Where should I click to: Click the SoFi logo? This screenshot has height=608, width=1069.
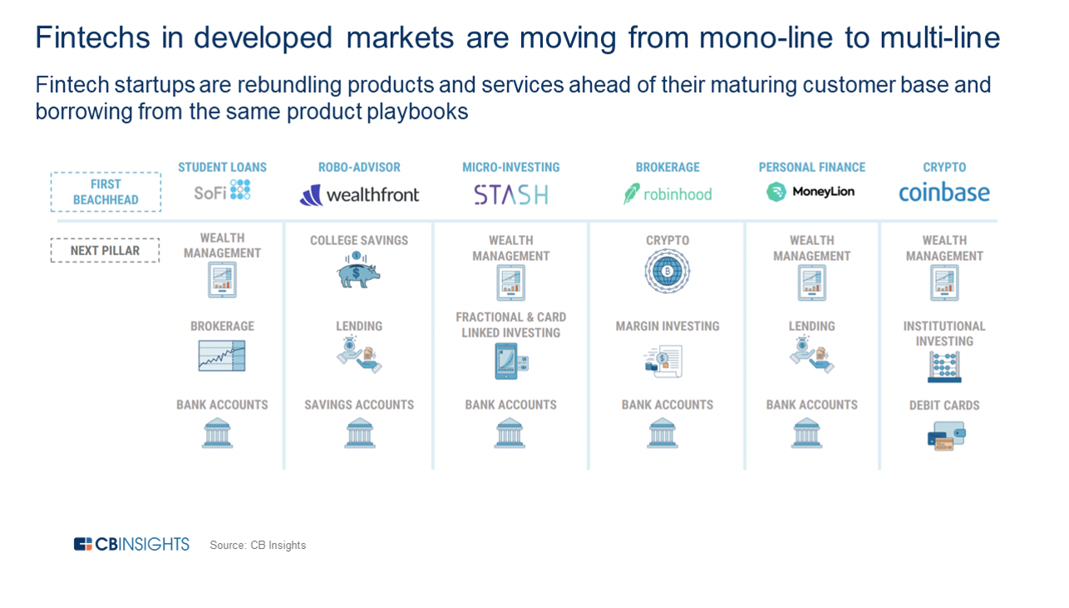[x=222, y=191]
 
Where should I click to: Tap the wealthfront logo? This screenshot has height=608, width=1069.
[x=359, y=194]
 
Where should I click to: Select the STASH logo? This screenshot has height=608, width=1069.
[x=510, y=194]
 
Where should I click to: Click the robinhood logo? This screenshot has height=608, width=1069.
[x=668, y=194]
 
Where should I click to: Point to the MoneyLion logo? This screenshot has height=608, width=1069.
[x=810, y=192]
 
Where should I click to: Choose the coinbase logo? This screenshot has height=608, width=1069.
[x=944, y=192]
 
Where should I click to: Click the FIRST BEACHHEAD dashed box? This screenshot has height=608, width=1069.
[x=106, y=192]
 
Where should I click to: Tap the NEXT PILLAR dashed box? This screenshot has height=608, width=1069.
[x=105, y=250]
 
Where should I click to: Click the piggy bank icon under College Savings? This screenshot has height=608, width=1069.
[x=358, y=270]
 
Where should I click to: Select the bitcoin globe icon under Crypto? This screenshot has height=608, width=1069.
[x=668, y=272]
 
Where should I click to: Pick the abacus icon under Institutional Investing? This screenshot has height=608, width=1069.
[x=944, y=367]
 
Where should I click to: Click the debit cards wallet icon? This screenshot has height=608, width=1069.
[x=946, y=436]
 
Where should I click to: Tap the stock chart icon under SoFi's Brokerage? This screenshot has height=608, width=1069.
[x=222, y=355]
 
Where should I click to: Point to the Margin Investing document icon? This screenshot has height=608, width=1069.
[x=663, y=362]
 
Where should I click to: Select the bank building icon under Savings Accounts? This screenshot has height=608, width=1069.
[x=360, y=433]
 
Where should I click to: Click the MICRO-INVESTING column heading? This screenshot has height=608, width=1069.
[x=510, y=168]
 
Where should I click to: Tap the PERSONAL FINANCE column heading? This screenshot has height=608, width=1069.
[x=812, y=168]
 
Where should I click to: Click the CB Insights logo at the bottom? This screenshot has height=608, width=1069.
[x=131, y=544]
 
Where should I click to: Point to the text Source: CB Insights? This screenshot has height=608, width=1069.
[x=258, y=545]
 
